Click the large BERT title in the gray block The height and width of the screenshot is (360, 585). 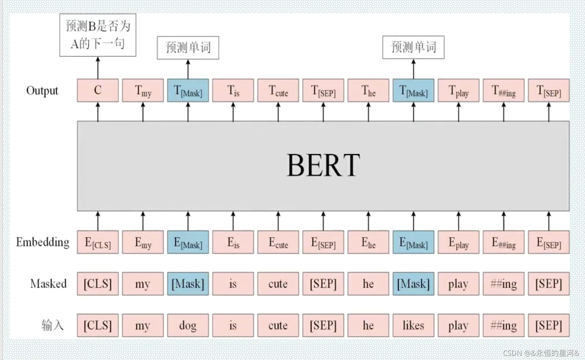click(x=323, y=165)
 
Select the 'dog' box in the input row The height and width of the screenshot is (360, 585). click(x=188, y=325)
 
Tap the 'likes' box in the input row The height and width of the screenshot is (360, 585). click(x=413, y=325)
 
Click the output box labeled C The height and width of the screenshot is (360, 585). click(x=98, y=90)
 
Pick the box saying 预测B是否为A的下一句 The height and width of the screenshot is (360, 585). click(x=98, y=35)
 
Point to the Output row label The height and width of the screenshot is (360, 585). click(x=42, y=91)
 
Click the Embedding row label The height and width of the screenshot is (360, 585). click(x=43, y=242)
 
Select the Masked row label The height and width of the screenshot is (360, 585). click(x=48, y=284)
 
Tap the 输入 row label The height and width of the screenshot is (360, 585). click(x=52, y=325)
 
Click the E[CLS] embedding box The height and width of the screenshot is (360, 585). click(x=98, y=242)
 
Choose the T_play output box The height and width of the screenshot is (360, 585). click(x=459, y=90)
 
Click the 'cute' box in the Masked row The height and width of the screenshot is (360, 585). click(x=278, y=284)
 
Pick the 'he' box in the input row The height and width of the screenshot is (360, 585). click(x=368, y=325)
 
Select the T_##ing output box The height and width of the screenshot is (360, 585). click(x=504, y=90)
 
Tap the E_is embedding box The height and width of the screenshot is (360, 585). click(x=233, y=242)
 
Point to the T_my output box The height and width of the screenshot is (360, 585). click(x=143, y=90)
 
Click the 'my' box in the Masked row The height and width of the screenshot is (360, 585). click(x=143, y=284)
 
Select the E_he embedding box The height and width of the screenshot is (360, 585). click(x=368, y=242)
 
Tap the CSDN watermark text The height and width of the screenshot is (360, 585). click(x=541, y=353)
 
